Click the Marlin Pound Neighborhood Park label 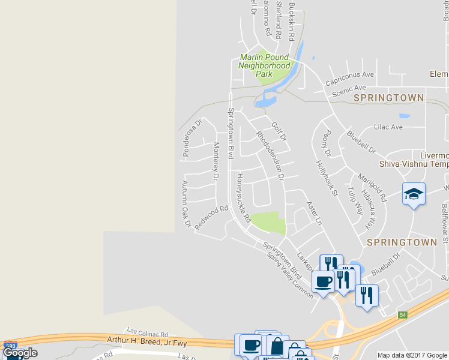265,65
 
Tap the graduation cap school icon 414,194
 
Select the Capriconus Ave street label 349,78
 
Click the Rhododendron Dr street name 269,155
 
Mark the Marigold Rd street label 372,187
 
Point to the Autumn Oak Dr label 186,204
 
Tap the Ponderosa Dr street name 193,137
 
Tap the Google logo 20,352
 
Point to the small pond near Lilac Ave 404,116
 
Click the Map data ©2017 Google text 411,355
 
